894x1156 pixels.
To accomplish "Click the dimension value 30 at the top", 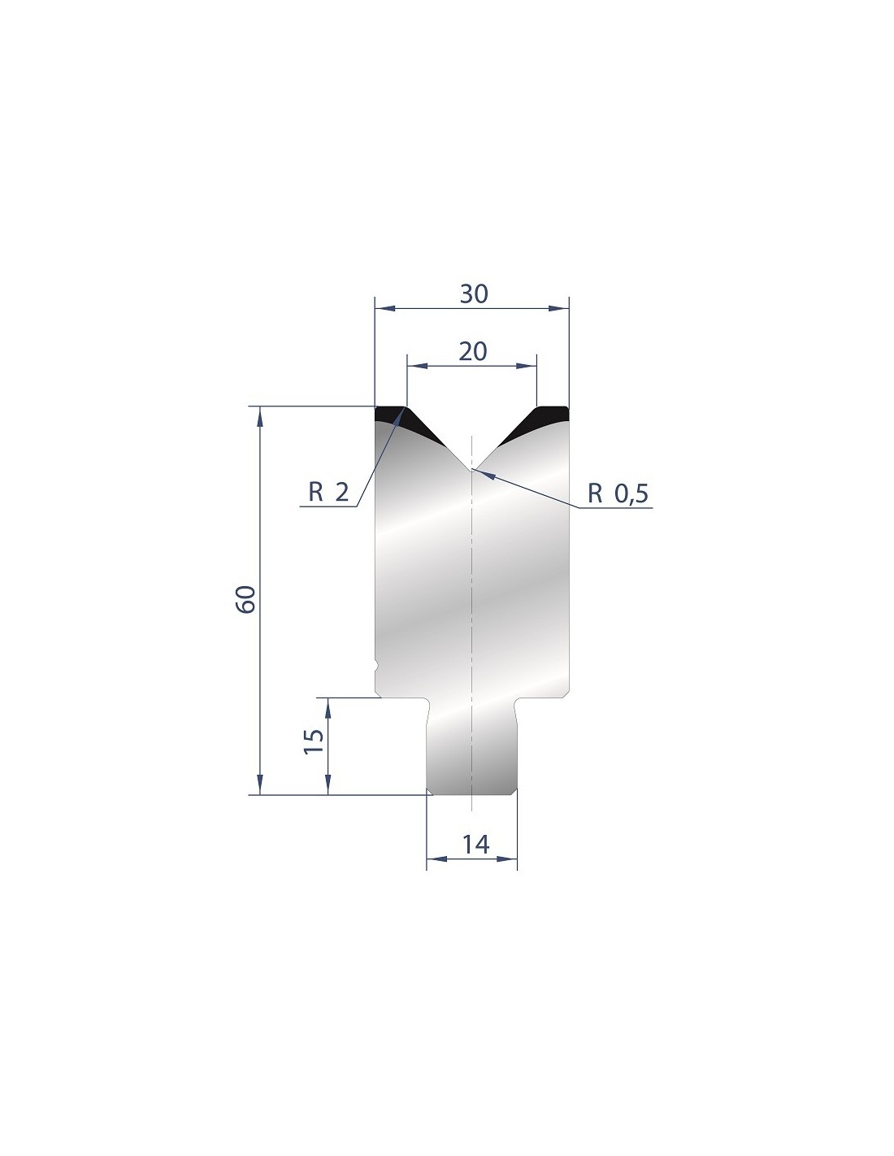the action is (473, 293).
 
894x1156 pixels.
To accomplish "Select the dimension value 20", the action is (472, 352).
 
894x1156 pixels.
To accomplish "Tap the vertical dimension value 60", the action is (246, 599).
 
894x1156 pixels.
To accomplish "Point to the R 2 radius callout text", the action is (328, 493).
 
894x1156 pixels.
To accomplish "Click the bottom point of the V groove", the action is (471, 470).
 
